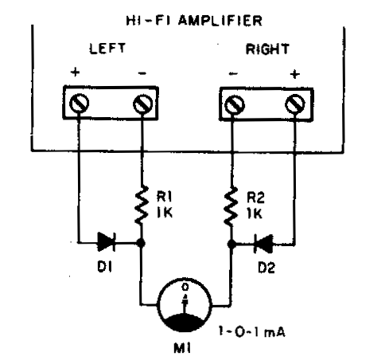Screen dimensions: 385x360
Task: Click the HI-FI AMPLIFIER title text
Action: (194, 21)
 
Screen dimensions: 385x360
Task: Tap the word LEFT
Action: (107, 49)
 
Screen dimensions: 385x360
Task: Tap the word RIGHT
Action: (267, 49)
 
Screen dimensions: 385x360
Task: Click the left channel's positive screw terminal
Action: (79, 104)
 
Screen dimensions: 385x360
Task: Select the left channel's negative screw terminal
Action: (143, 104)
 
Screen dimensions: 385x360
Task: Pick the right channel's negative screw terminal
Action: (235, 105)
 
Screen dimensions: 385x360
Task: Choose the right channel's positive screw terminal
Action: (295, 104)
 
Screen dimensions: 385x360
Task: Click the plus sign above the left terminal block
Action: (76, 72)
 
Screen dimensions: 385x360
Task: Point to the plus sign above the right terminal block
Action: (295, 74)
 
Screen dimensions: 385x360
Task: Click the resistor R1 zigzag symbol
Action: (142, 205)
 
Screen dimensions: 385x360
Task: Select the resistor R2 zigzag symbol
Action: (231, 206)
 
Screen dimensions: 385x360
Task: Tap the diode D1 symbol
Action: (107, 242)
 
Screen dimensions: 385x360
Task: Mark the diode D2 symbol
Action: (263, 244)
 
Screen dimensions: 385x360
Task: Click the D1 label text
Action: (105, 267)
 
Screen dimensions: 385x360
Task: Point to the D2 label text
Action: (266, 268)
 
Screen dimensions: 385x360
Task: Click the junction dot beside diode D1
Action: (141, 243)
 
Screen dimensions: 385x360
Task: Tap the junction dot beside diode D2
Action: (231, 244)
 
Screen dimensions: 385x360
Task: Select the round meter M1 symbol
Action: (185, 305)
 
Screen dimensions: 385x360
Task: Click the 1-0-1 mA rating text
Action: (251, 331)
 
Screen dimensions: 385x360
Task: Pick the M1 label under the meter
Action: (182, 348)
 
